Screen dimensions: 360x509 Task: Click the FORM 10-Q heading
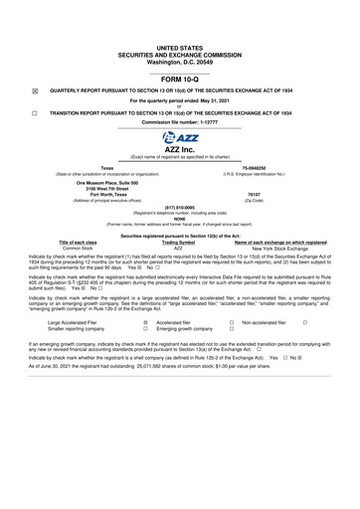pos(180,78)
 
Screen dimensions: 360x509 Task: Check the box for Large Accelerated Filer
pos(145,323)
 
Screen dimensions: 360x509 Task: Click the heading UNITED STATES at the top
pos(180,47)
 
